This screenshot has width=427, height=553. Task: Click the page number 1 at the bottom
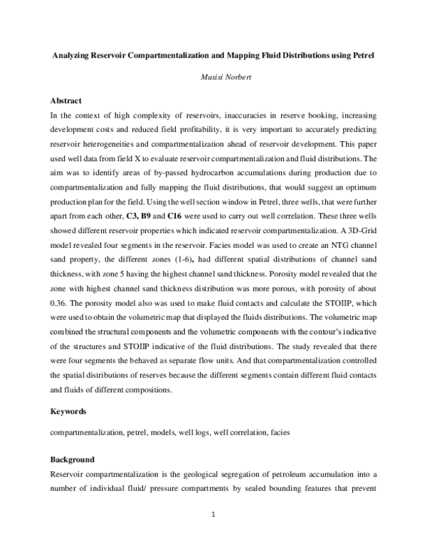point(213,512)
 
